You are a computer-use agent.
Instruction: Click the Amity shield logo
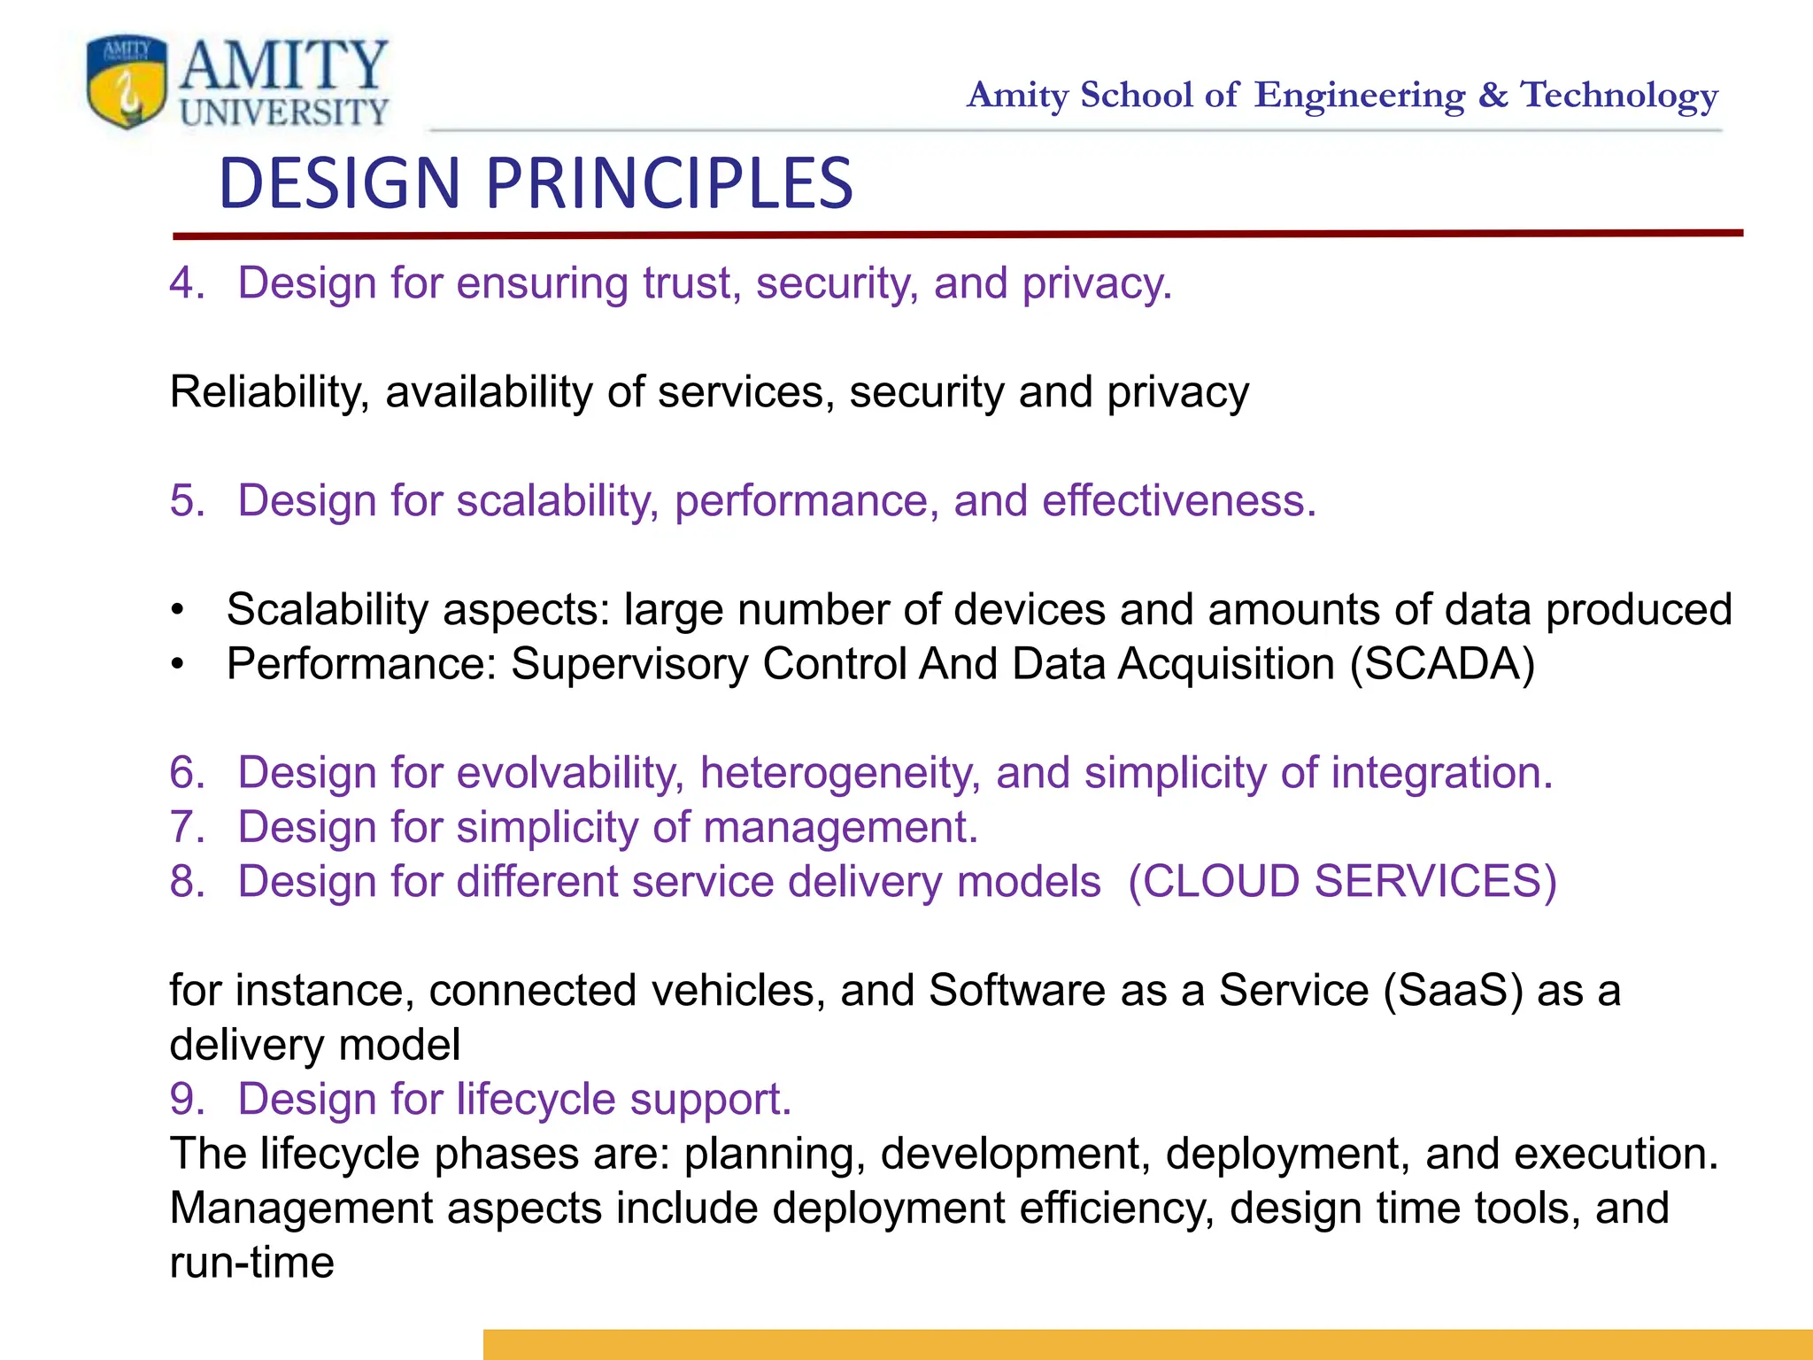pyautogui.click(x=127, y=81)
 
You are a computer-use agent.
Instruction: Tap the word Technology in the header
pyautogui.click(x=1619, y=96)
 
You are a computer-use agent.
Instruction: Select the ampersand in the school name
pyautogui.click(x=1493, y=95)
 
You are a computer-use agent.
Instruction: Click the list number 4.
pyautogui.click(x=186, y=284)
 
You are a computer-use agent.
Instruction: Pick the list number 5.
pyautogui.click(x=186, y=501)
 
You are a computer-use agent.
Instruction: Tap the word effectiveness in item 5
pyautogui.click(x=1178, y=501)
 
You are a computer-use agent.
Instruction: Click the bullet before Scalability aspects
pyautogui.click(x=178, y=610)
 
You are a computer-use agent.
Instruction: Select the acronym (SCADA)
pyautogui.click(x=1442, y=664)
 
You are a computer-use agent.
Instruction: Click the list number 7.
pyautogui.click(x=186, y=828)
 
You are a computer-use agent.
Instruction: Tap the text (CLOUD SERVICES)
pyautogui.click(x=1342, y=882)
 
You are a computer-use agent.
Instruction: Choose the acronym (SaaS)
pyautogui.click(x=1453, y=991)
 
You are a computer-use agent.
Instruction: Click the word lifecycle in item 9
pyautogui.click(x=536, y=1100)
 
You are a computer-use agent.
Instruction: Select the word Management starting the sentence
pyautogui.click(x=301, y=1209)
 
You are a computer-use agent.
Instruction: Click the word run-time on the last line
pyautogui.click(x=251, y=1263)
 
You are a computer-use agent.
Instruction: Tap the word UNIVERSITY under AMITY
pyautogui.click(x=284, y=112)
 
